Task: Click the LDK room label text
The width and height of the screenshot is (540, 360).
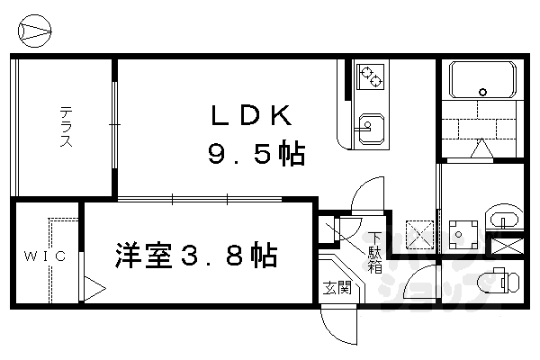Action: [249, 116]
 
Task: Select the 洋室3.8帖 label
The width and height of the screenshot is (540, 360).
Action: [194, 256]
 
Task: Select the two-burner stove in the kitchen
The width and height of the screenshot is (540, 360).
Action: [369, 77]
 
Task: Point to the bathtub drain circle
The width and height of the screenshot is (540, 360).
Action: [483, 92]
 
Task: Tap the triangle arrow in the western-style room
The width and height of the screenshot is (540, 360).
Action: [94, 289]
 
